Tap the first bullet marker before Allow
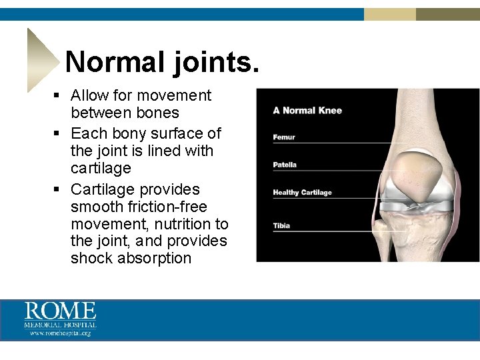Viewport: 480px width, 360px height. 58,96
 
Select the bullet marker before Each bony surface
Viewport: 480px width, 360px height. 58,133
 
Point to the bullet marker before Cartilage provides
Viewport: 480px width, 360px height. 58,189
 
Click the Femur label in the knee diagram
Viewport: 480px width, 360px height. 284,137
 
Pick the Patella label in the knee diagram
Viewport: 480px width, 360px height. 285,165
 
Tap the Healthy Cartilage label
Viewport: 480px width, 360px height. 302,193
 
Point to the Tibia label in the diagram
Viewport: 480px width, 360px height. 281,225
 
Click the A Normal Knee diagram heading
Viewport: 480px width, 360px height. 307,110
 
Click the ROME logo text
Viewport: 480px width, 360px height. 61,311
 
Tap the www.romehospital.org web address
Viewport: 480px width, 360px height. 61,333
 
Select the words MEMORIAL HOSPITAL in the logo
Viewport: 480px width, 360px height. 61,325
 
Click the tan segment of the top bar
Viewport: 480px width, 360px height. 390,14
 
